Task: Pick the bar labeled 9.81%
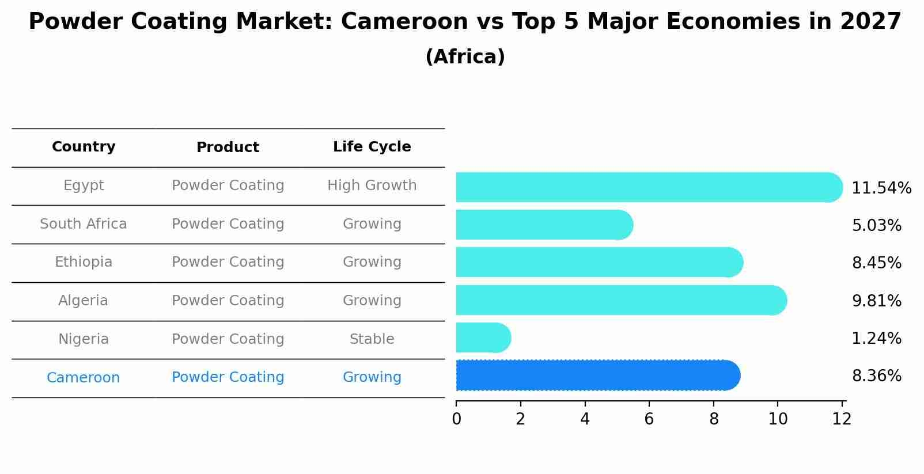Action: [621, 300]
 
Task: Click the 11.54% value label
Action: [881, 188]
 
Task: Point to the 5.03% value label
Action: [876, 226]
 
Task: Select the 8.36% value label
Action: [876, 376]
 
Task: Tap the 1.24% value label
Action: [876, 339]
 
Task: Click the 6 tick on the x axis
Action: [649, 419]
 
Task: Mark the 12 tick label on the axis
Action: [842, 419]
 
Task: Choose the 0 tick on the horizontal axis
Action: [456, 419]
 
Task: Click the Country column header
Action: [84, 147]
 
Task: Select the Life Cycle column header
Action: [372, 147]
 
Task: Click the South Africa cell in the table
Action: [84, 224]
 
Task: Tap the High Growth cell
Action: [372, 185]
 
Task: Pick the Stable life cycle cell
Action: [372, 339]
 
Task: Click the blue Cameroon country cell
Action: [84, 378]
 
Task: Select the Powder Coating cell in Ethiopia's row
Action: [228, 262]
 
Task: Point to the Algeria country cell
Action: [84, 301]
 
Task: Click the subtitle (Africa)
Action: [465, 57]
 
